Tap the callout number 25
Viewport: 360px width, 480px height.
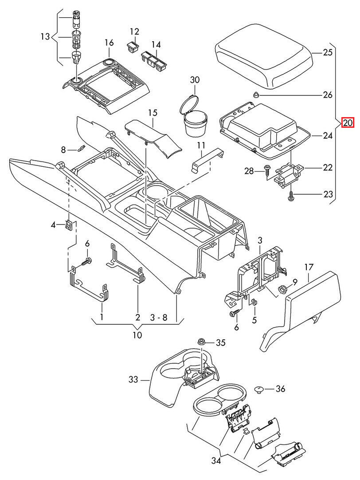coord(327,52)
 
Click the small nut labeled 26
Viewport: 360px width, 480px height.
coord(256,94)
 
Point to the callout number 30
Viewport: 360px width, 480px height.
coord(195,80)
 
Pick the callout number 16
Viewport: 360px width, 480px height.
coord(109,43)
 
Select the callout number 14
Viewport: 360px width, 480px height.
coord(156,44)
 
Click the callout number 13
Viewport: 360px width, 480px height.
coord(45,36)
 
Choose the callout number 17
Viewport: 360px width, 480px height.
coord(309,267)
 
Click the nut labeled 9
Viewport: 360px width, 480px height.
coord(282,290)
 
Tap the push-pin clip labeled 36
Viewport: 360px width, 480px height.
coord(259,390)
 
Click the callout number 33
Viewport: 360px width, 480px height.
coord(133,380)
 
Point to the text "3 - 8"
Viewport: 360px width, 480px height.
coord(158,318)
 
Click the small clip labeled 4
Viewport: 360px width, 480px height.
coord(69,225)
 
